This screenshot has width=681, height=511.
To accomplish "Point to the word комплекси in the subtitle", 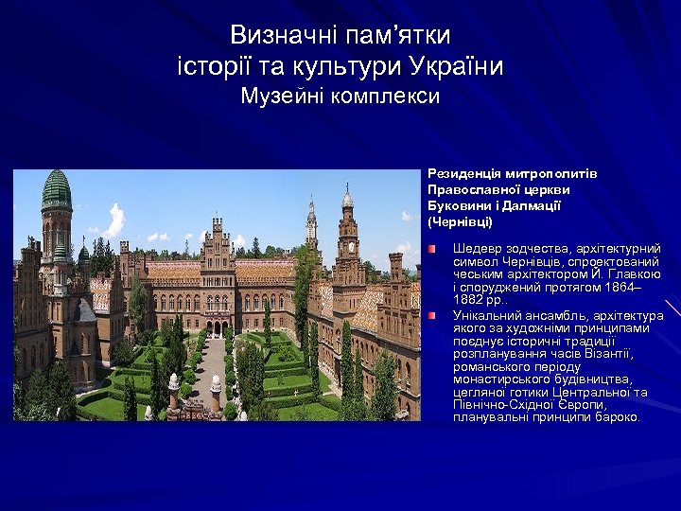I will click(x=390, y=97).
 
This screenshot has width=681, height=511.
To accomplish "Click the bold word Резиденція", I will click(x=465, y=174).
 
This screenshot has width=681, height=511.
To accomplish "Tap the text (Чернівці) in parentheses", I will click(x=461, y=222).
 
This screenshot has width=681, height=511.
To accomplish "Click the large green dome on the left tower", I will click(x=57, y=190).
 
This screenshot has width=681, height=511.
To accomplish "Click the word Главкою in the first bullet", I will click(x=635, y=274).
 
